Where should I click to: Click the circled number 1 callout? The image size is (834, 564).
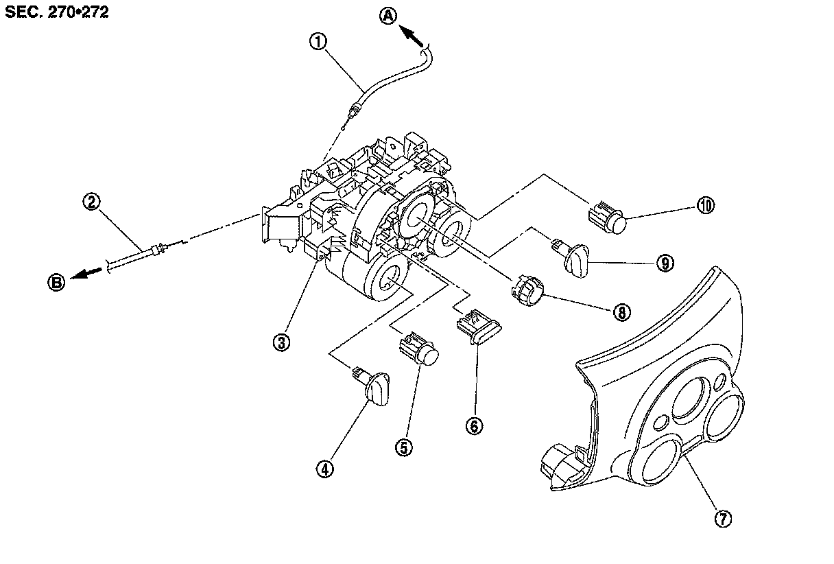317,43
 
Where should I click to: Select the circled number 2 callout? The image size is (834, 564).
92,202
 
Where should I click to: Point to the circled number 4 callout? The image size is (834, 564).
324,469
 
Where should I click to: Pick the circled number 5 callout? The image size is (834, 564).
403,447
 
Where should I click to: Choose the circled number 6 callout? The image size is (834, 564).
474,425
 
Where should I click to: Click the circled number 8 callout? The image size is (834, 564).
621,312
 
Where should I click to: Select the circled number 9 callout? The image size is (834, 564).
664,263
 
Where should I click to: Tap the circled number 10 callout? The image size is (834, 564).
706,204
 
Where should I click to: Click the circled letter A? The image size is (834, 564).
389,16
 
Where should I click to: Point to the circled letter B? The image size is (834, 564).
56,281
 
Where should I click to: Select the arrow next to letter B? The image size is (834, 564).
86,274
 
